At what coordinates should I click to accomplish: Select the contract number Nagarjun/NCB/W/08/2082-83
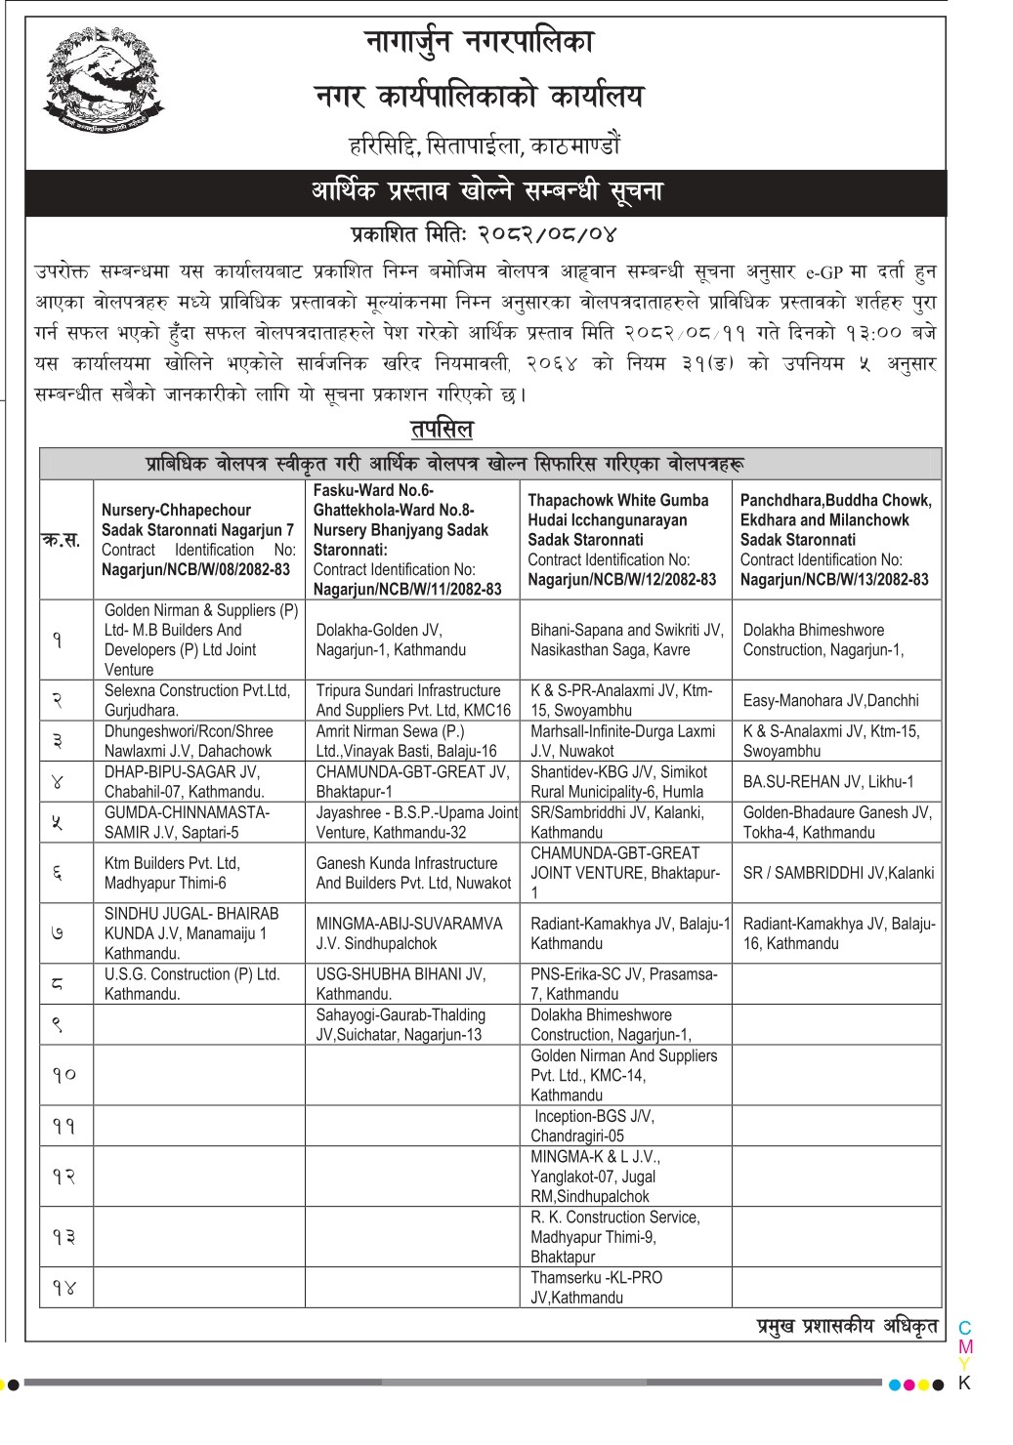click(x=195, y=569)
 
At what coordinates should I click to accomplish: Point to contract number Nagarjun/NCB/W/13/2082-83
click(x=834, y=579)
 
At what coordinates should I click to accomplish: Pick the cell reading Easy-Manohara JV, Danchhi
click(x=830, y=701)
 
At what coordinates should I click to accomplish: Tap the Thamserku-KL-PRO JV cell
click(x=596, y=1287)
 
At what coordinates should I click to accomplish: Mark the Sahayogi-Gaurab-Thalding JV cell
click(x=400, y=1024)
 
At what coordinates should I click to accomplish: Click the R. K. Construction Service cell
click(x=615, y=1236)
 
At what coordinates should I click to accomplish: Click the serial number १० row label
click(x=66, y=1075)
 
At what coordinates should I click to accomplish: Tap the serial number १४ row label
click(x=66, y=1287)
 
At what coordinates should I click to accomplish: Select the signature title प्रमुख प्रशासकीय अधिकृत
click(x=847, y=1325)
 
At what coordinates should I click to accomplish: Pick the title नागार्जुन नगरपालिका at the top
click(x=480, y=43)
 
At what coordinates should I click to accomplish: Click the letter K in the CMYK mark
click(x=965, y=1383)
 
